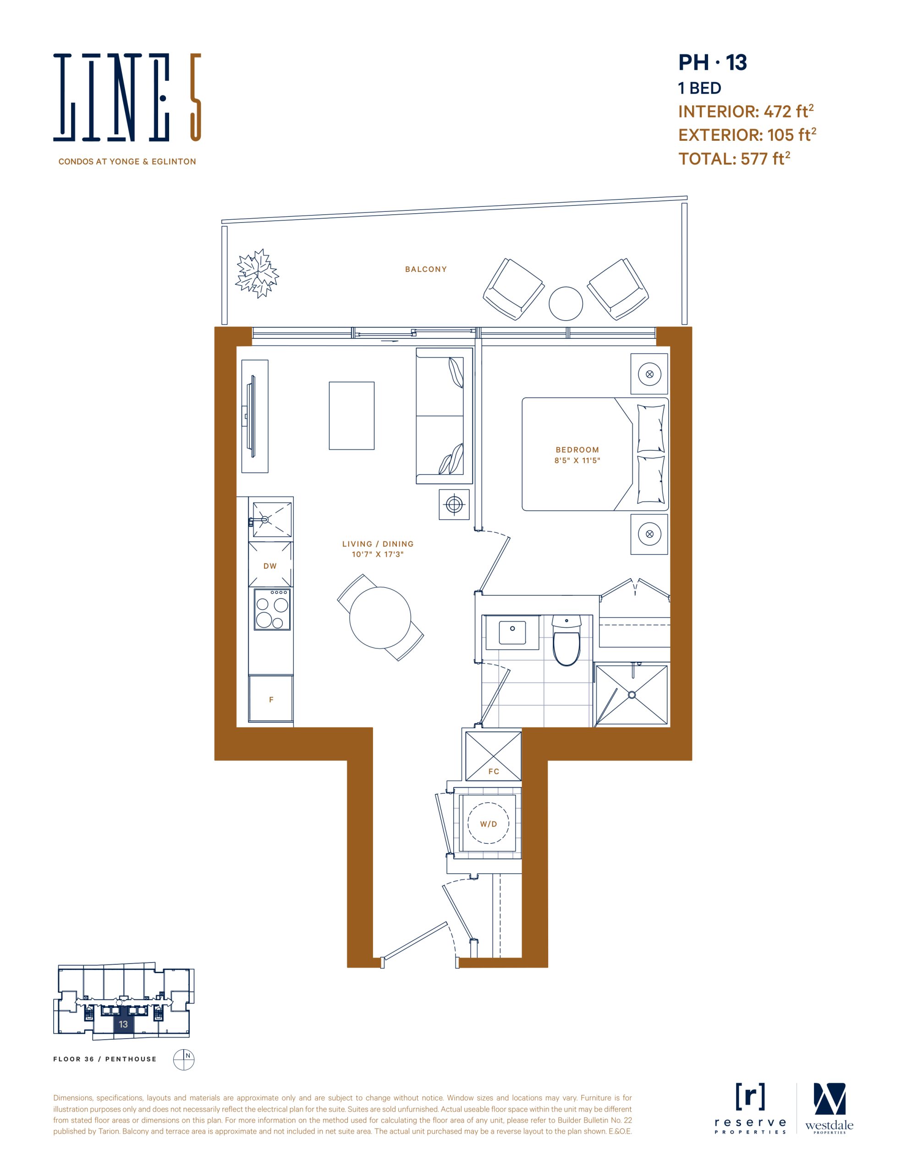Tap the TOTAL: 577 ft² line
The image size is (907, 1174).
734,158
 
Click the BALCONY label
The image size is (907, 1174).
426,269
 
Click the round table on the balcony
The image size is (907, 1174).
566,303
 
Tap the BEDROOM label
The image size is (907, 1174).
577,450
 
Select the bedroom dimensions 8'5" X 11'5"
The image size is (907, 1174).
577,461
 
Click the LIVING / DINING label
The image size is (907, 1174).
378,544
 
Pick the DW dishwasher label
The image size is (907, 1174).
270,566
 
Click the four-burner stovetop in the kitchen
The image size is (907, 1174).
272,609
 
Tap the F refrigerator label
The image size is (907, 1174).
271,700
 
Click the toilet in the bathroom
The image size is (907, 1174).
566,641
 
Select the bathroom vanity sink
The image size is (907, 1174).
512,632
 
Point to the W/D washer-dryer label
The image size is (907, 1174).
489,824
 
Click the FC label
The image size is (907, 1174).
494,771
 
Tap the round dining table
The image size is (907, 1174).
380,618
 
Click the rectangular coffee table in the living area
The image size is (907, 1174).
352,415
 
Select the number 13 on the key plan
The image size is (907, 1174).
124,1024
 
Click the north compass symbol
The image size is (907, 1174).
183,1059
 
